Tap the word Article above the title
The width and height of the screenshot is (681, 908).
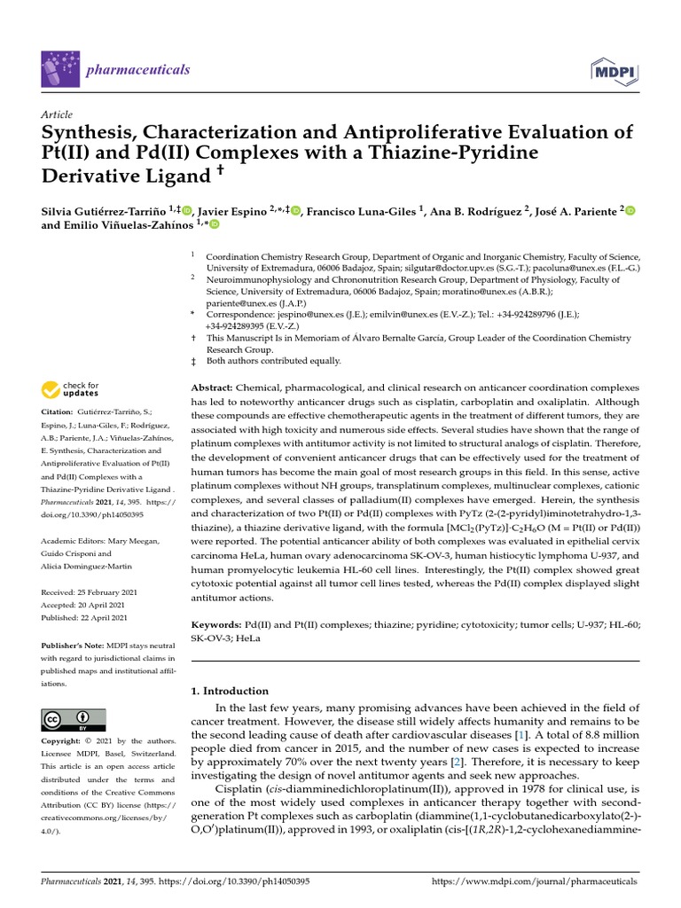coord(57,114)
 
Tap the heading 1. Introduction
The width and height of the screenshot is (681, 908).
coord(230,691)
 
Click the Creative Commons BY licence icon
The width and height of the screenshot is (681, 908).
coord(74,719)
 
